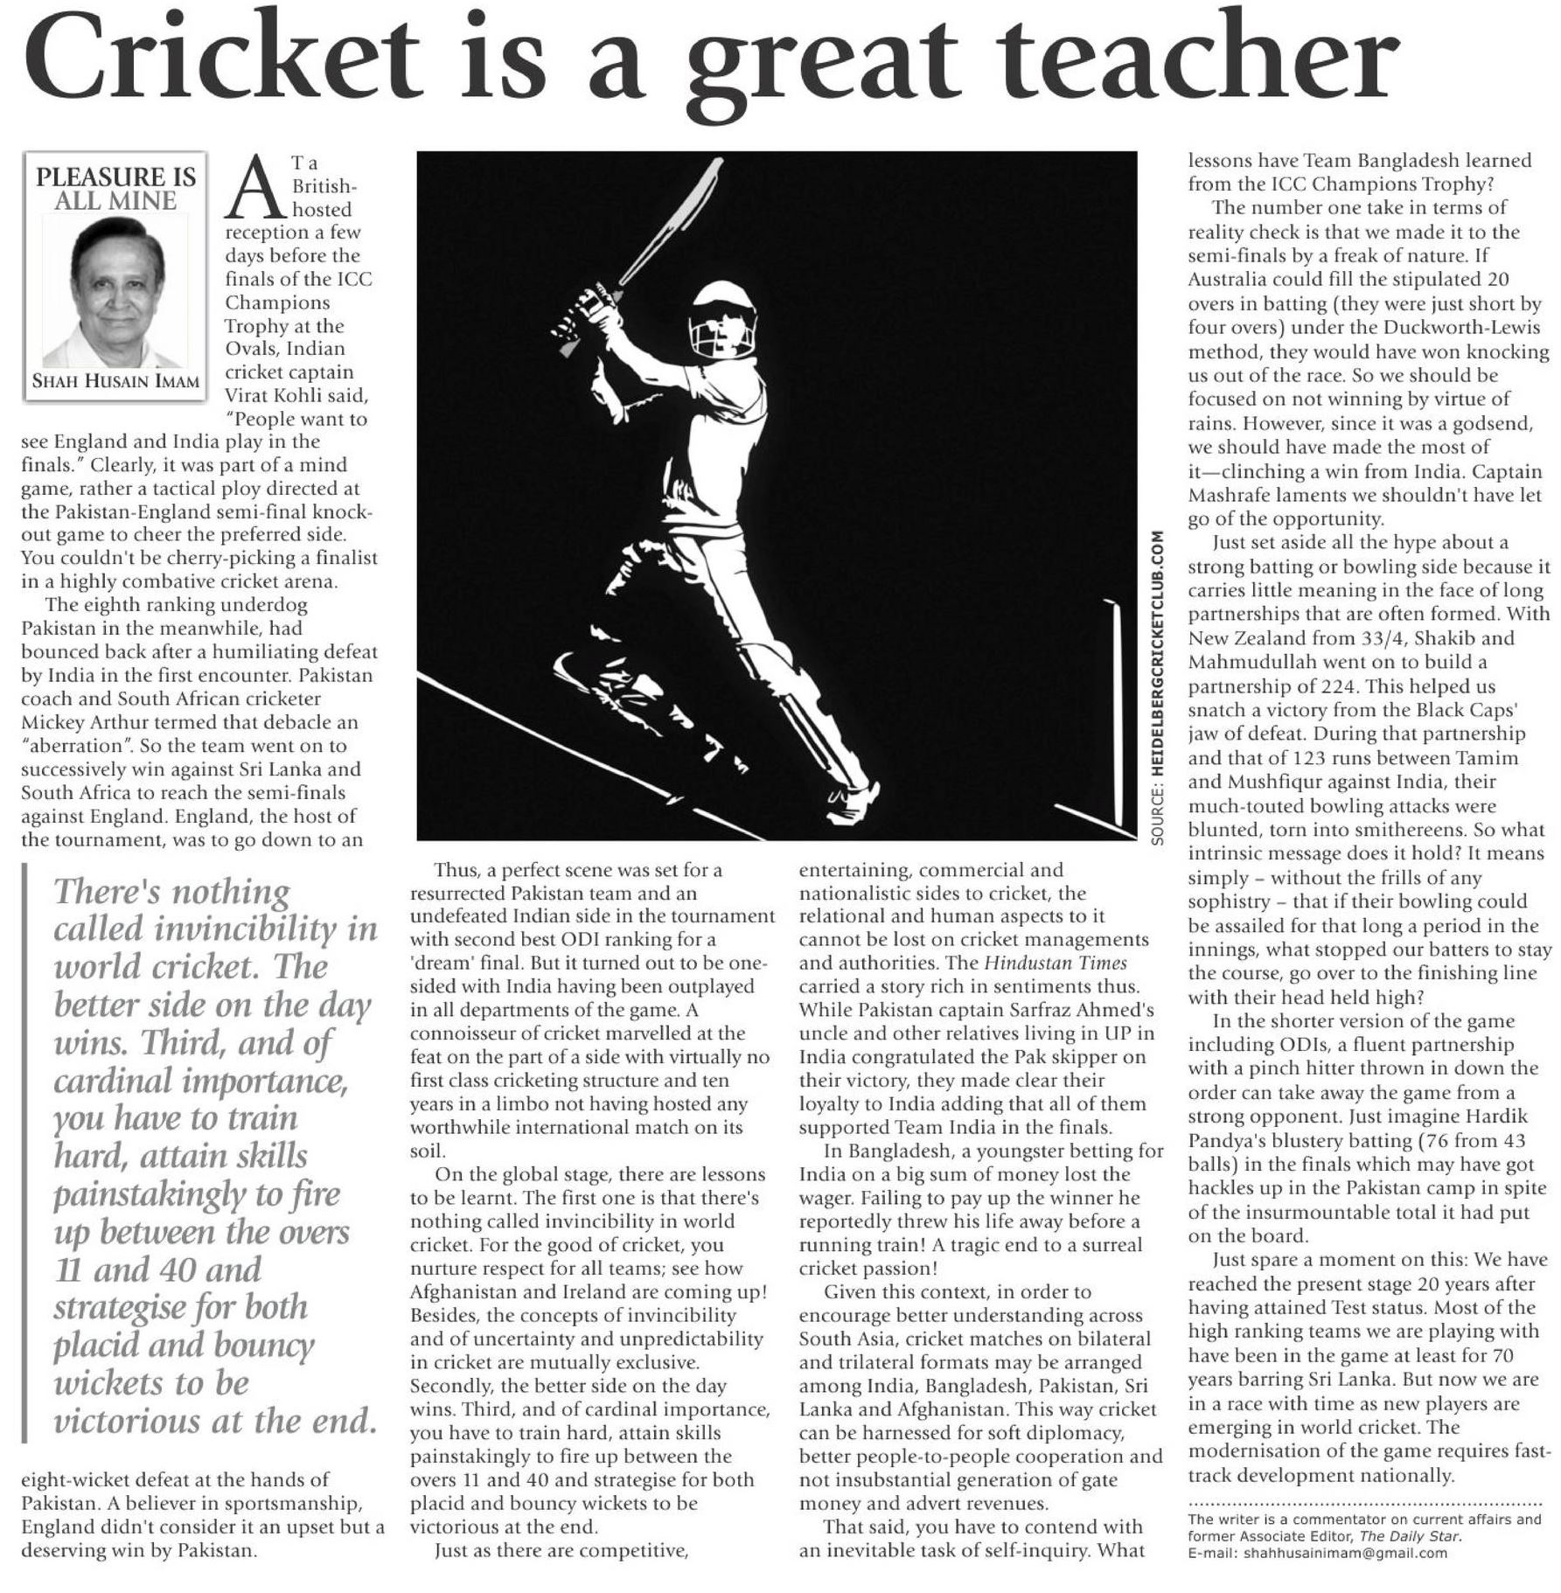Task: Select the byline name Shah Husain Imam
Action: (115, 382)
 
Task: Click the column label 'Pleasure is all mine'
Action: (115, 188)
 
